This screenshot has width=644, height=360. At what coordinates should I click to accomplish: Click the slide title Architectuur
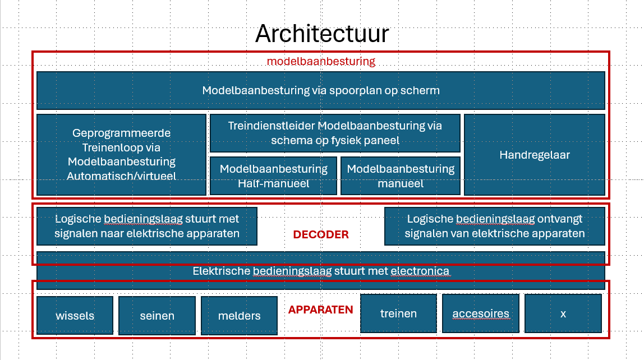click(x=321, y=34)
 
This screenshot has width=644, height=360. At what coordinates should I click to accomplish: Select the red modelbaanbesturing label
click(x=321, y=61)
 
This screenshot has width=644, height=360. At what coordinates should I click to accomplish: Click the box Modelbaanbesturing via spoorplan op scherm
click(x=321, y=90)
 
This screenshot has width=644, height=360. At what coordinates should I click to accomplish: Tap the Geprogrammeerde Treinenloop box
click(x=121, y=154)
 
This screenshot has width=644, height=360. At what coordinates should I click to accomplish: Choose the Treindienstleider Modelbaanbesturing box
click(x=335, y=133)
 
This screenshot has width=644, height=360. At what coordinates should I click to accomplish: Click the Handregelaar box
click(x=535, y=154)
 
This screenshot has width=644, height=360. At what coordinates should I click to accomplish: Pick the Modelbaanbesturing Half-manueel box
click(x=273, y=176)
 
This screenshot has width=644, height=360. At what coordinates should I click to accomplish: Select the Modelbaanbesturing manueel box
click(x=401, y=176)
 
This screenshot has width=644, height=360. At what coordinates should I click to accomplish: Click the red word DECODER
click(x=321, y=234)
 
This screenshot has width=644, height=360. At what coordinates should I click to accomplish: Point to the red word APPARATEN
click(x=320, y=310)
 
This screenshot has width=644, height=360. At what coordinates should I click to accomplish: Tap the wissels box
click(x=75, y=315)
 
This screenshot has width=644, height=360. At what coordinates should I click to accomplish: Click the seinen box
click(x=157, y=315)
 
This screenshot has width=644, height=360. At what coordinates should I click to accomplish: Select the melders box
click(x=239, y=315)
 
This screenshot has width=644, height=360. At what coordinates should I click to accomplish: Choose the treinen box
click(x=398, y=313)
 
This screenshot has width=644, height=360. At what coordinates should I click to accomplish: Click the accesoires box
click(x=481, y=313)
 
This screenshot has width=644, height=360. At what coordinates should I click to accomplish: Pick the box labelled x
click(x=563, y=313)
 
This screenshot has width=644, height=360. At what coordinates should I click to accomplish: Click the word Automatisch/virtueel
click(x=121, y=176)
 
